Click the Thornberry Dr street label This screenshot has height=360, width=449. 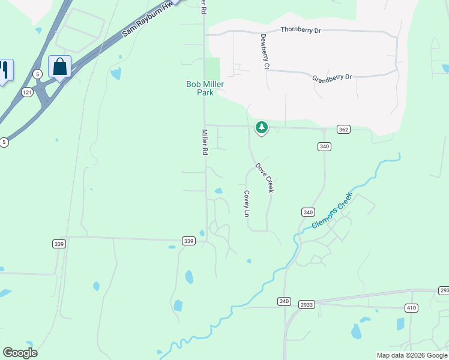[301, 29]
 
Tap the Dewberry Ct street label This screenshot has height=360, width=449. [264, 51]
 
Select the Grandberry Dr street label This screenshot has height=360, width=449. [331, 77]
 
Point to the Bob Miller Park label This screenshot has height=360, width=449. [205, 88]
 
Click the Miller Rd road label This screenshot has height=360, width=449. [205, 142]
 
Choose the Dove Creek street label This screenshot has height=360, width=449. [265, 178]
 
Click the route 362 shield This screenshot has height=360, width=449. [343, 129]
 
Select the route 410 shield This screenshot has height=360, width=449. [411, 308]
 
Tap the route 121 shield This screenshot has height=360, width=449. [26, 92]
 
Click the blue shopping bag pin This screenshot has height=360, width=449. [59, 67]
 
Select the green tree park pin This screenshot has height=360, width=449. [261, 127]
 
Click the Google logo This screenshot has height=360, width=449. [20, 353]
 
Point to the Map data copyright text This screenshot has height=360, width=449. [412, 355]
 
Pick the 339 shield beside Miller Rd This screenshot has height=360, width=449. [188, 241]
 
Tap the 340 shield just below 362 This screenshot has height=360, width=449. [324, 146]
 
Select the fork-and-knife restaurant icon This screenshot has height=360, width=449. [5, 70]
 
